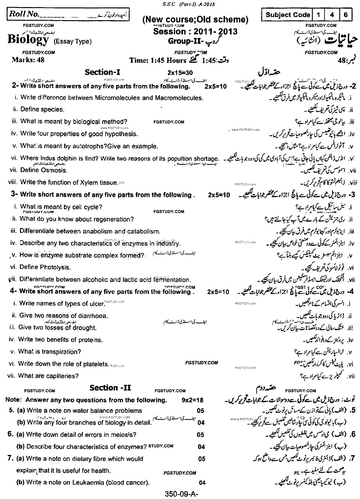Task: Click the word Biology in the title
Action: [28, 40]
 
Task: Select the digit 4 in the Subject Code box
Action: [332, 15]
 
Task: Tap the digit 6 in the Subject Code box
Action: [346, 15]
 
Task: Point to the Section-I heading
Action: [102, 73]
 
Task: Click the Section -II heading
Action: [110, 388]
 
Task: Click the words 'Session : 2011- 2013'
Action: [195, 31]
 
